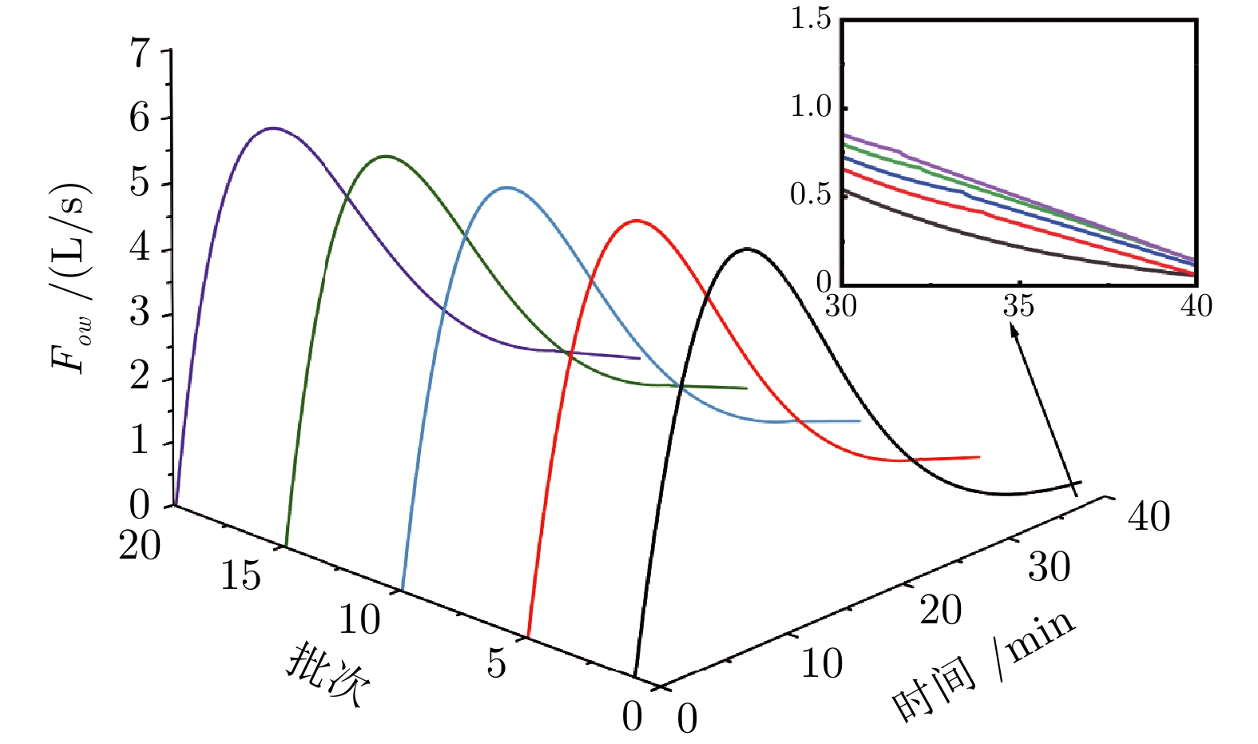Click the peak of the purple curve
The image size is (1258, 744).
tap(273, 128)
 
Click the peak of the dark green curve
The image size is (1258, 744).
tap(387, 156)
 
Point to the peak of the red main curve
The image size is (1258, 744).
tap(636, 220)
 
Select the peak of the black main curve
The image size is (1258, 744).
tap(748, 249)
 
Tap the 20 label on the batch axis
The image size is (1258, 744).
tap(140, 547)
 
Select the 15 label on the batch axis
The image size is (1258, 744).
tap(240, 575)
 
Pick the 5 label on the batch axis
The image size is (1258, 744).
tap(496, 663)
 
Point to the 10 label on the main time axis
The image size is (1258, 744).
tap(821, 664)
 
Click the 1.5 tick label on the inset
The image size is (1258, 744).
tap(811, 19)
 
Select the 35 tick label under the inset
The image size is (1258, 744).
tap(1018, 306)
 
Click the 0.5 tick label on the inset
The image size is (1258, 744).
tap(811, 194)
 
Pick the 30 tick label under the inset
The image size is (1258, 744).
tap(841, 306)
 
